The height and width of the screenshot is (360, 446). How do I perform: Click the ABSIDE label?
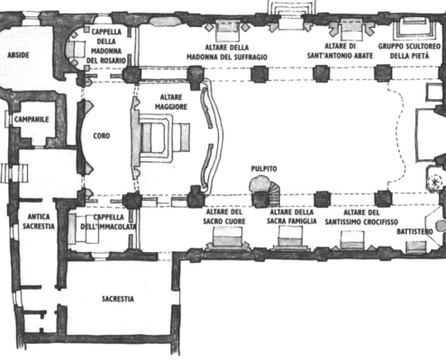click(x=18, y=55)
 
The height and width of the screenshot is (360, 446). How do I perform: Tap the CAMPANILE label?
click(x=32, y=120)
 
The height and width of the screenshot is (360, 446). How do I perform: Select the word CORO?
click(x=102, y=136)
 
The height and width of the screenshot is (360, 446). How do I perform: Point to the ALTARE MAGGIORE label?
click(x=171, y=102)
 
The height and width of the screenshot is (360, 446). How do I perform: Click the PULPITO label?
click(x=264, y=169)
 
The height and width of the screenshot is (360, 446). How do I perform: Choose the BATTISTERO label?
click(x=415, y=231)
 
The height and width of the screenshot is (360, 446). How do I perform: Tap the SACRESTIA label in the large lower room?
click(x=118, y=299)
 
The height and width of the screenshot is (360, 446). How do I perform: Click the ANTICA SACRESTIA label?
click(x=39, y=221)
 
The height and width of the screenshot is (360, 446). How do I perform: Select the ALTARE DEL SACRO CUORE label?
click(x=224, y=217)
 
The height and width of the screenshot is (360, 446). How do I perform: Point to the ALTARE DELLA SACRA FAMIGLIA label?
click(x=292, y=217)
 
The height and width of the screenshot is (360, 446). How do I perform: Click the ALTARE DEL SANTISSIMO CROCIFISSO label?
click(x=361, y=217)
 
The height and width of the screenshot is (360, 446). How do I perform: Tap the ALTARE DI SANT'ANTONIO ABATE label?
click(x=341, y=51)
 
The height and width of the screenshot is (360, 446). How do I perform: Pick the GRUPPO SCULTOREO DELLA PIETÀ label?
click(x=409, y=51)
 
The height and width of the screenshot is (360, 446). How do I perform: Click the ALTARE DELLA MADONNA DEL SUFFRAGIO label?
click(x=227, y=52)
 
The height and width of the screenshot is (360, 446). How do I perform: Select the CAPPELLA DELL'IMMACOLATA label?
click(x=108, y=221)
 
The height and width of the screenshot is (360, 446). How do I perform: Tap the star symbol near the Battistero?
click(x=434, y=182)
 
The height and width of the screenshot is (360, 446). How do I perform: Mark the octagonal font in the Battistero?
click(x=441, y=226)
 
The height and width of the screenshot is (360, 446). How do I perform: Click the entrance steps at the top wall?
click(x=291, y=11)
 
